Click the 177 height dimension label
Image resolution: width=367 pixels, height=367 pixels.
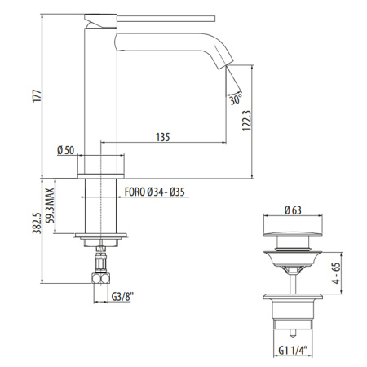click(37, 95)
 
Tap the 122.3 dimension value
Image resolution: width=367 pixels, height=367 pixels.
click(247, 121)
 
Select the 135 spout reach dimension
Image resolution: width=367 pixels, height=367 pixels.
click(163, 137)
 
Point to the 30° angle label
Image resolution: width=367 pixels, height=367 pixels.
click(236, 99)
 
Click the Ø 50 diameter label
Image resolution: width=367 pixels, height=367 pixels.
click(65, 150)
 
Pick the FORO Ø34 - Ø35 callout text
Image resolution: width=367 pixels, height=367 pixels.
click(155, 192)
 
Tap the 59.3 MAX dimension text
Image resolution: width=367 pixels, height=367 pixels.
click(50, 206)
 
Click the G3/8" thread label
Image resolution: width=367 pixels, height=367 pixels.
click(122, 297)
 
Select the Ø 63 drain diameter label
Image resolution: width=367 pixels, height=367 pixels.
click(293, 210)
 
